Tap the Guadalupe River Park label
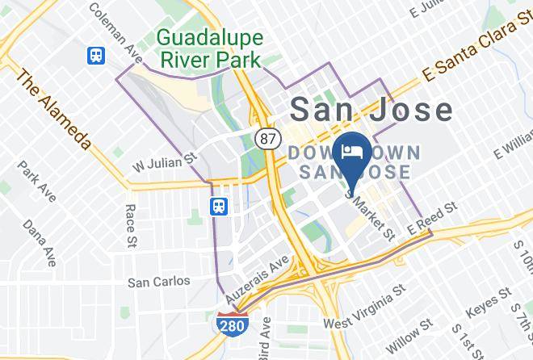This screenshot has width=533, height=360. coord(208,48)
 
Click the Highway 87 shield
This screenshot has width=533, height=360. coord(266,138)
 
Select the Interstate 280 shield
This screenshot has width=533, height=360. coord(231,325)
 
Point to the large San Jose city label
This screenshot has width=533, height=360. coord(371,111)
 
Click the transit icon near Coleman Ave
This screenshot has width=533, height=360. coord(98,56)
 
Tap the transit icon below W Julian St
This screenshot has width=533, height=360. coord(219,207)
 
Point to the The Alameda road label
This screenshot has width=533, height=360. coord(52,109)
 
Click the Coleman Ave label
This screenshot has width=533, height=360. coord(115,30)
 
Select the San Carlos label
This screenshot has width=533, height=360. coord(159,282)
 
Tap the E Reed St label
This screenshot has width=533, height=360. coord(433,216)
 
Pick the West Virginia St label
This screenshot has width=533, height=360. coord(363,306)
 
